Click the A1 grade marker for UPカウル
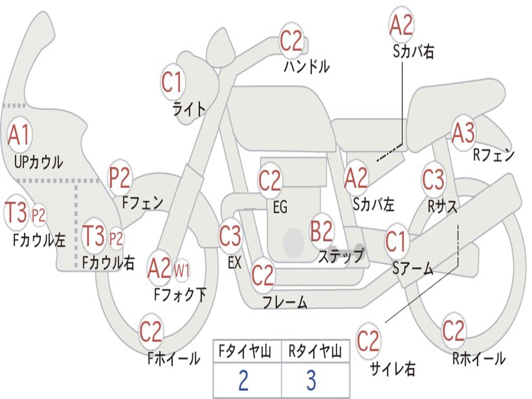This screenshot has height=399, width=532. [x=19, y=136]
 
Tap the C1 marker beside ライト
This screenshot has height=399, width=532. [x=172, y=83]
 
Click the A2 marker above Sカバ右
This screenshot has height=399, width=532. [x=401, y=25]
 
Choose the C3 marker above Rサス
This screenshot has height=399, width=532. [x=433, y=180]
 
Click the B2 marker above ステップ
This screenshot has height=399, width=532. [x=322, y=231]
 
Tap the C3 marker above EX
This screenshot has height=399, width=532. [x=230, y=236]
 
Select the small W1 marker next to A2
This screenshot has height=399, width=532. [x=181, y=270]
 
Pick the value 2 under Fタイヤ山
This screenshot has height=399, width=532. [x=243, y=381]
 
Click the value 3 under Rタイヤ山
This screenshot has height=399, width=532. [x=311, y=381]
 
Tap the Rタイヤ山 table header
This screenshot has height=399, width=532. [x=315, y=352]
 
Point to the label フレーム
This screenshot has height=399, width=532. [x=285, y=303]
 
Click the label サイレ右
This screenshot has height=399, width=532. [x=392, y=369]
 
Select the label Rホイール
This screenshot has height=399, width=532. [x=478, y=358]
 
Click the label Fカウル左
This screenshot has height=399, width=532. [x=39, y=239]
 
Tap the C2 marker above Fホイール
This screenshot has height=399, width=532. [x=151, y=331]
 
